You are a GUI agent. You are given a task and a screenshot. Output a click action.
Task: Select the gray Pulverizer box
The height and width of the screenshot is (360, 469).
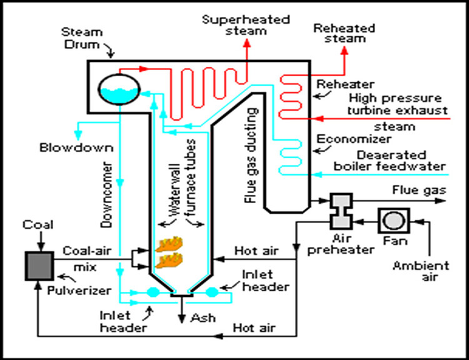[38, 265]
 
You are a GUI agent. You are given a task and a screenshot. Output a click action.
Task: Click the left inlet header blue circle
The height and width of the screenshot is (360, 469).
[152, 292]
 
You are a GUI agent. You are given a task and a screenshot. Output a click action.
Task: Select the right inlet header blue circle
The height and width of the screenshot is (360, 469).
[210, 292]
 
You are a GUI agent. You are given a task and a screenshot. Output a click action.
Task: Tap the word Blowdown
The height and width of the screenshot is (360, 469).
[67, 148]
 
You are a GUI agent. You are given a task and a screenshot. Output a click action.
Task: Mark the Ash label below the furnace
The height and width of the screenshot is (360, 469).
[204, 317]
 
